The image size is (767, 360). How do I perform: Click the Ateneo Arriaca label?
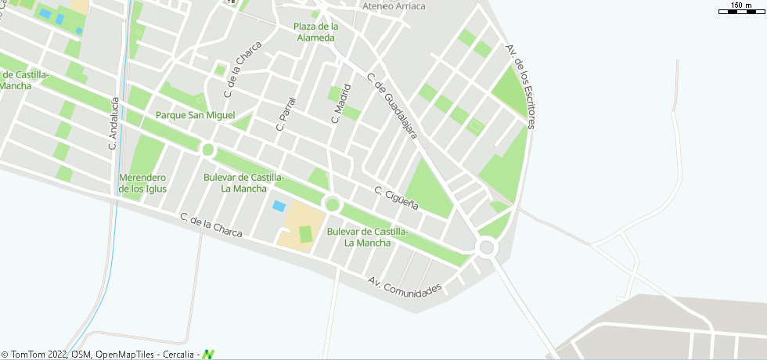[394, 6]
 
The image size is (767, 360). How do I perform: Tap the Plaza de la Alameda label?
[315, 32]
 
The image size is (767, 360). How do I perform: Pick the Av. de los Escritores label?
[519, 87]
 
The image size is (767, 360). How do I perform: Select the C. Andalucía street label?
[113, 123]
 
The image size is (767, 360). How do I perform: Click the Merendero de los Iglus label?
[142, 183]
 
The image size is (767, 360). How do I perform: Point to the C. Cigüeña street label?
[397, 198]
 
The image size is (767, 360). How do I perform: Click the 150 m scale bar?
[740, 9]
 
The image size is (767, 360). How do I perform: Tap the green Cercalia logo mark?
[208, 355]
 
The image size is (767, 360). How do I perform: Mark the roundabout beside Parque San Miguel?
[208, 149]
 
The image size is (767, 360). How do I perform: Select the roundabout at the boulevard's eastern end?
[487, 248]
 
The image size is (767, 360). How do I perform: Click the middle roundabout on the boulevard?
[333, 204]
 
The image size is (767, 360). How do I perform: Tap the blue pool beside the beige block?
[279, 206]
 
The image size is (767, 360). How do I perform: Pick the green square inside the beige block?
[305, 233]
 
